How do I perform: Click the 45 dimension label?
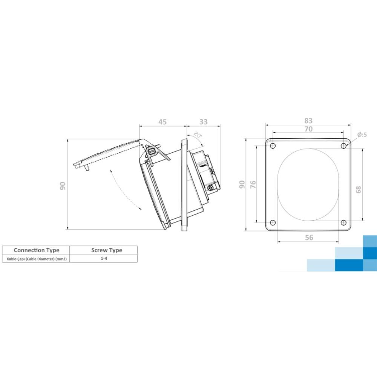tap(162, 122)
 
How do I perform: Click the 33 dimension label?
tap(204, 122)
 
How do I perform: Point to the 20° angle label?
tap(198, 135)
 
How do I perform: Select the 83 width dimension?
tap(308, 121)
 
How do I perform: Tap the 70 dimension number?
tap(308, 129)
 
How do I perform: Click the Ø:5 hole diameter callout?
tap(362, 135)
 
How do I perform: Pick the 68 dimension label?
tap(358, 190)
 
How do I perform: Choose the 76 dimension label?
tap(253, 184)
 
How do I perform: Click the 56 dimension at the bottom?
tap(309, 238)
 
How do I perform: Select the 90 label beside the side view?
tap(63, 186)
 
